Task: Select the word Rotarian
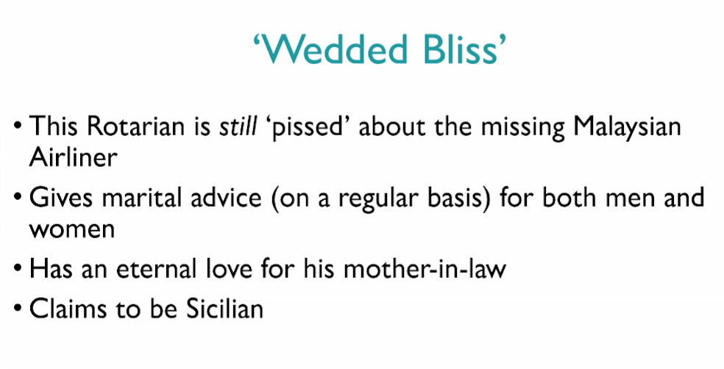click(135, 126)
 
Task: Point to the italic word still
click(238, 126)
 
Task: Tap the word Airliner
click(73, 157)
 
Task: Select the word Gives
click(60, 198)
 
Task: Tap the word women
click(71, 229)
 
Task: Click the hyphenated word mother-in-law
click(425, 268)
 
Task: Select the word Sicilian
click(225, 308)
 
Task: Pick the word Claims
click(66, 308)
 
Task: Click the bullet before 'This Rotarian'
click(18, 126)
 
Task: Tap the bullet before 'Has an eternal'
click(18, 269)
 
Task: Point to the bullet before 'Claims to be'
click(18, 309)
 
